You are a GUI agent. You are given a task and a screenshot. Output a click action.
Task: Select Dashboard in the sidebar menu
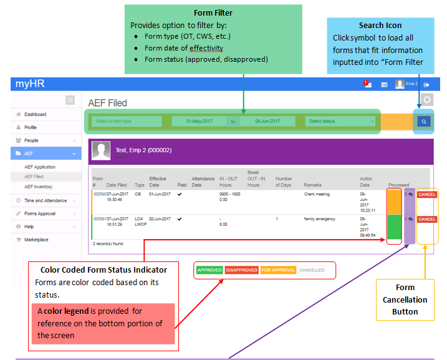[35, 114]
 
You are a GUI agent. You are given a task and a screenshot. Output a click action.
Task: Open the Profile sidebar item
[31, 127]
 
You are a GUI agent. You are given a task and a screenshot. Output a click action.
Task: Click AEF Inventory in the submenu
[38, 187]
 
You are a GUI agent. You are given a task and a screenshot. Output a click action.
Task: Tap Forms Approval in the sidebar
[40, 213]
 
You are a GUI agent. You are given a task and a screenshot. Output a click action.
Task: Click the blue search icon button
[424, 122]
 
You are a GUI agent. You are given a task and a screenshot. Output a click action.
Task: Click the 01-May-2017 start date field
[199, 121]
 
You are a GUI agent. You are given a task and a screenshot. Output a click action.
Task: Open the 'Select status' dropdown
[342, 121]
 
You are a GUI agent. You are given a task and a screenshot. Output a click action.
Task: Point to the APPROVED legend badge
[209, 270]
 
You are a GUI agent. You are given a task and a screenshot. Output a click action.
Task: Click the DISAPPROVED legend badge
[241, 270]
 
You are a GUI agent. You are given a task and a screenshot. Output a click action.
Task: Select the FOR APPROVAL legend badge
[277, 270]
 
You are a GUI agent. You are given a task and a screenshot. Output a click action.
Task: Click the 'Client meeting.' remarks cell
[317, 195]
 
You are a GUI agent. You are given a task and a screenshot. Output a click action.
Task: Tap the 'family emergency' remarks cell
[320, 219]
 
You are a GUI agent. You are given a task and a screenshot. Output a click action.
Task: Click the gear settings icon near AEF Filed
[427, 100]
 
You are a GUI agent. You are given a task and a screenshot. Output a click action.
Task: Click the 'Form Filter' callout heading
[213, 12]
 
